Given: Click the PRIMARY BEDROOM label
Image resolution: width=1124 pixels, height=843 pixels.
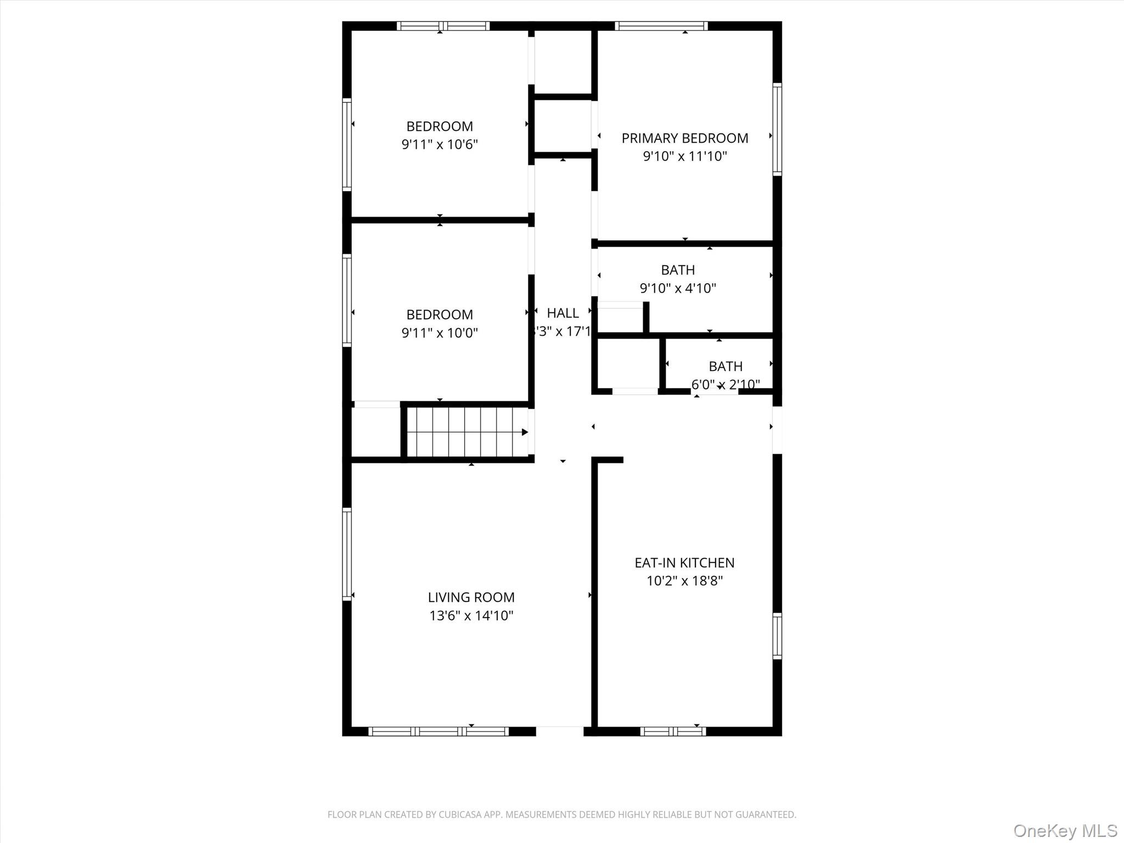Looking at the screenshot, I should click(x=684, y=138).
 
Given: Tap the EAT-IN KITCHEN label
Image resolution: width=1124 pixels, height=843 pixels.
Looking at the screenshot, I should click(x=684, y=563).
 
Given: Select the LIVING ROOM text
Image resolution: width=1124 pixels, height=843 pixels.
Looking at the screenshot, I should click(x=471, y=597).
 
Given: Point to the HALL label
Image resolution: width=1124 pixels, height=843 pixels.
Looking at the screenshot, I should click(x=563, y=313).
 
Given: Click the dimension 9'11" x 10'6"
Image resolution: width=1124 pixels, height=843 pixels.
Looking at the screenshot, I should click(x=440, y=145).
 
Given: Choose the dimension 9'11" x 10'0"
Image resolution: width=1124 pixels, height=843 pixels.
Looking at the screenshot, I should click(x=440, y=333).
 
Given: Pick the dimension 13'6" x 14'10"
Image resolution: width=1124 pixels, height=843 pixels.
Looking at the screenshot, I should click(x=471, y=616).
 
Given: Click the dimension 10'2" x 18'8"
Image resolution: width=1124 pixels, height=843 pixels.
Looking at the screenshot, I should click(x=684, y=581).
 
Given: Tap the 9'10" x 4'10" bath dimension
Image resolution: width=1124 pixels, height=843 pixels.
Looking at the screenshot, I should click(x=678, y=288).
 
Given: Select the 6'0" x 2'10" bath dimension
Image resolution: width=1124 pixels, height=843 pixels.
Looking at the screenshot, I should click(x=725, y=385).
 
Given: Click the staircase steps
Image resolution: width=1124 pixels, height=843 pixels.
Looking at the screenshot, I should click(x=464, y=432).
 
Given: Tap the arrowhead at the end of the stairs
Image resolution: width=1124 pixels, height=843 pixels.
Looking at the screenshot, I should click(x=525, y=432).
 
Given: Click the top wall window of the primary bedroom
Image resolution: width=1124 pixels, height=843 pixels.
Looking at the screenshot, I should click(x=661, y=26).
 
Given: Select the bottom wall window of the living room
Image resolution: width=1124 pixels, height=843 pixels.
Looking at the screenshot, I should click(x=438, y=731).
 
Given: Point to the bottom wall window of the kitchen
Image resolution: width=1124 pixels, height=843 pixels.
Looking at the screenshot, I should click(x=673, y=731).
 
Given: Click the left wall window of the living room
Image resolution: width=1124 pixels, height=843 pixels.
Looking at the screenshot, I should click(x=347, y=554).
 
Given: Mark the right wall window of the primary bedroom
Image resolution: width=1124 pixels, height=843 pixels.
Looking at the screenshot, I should click(x=777, y=129).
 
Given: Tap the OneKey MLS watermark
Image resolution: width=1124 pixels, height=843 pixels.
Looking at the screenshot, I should click(x=1065, y=830).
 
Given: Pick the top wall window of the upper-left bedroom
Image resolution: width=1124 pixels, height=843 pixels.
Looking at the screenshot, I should click(x=443, y=26).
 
